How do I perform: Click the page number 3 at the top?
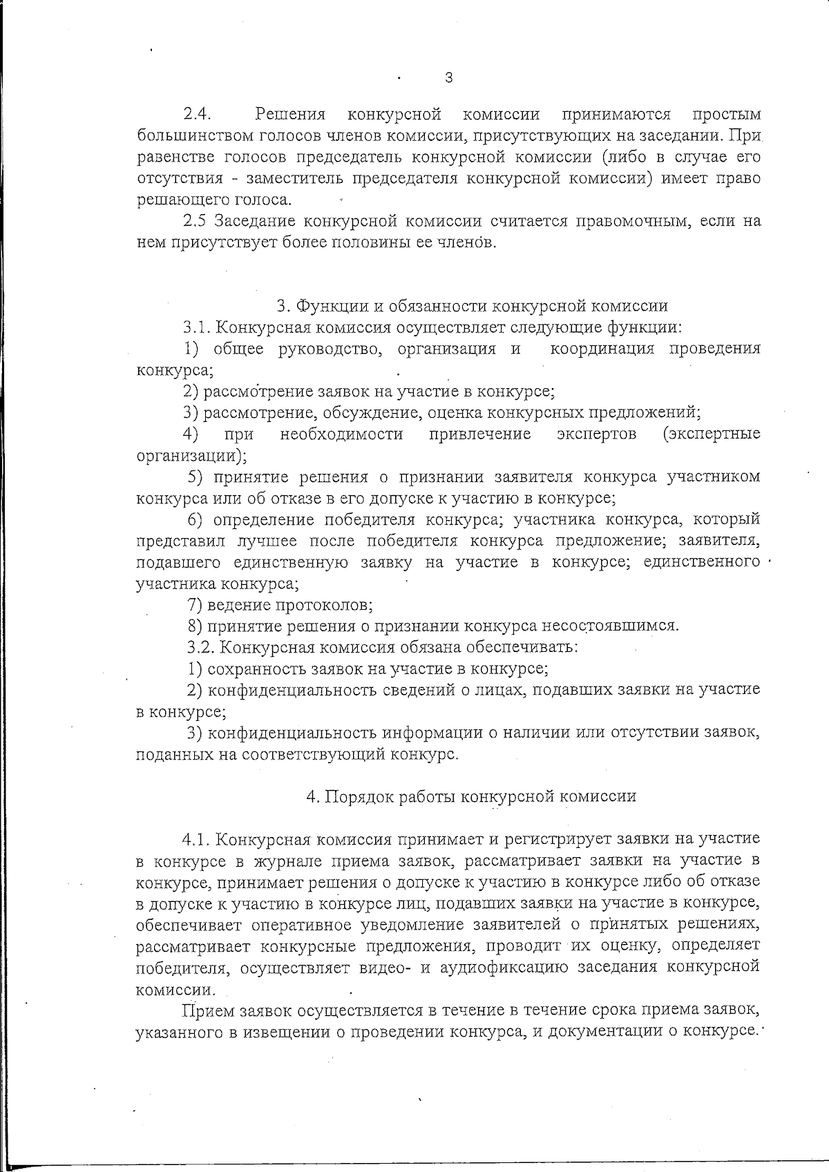tap(449, 77)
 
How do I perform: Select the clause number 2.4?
tap(197, 114)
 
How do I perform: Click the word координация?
tap(602, 349)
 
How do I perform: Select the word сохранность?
tap(251, 669)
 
